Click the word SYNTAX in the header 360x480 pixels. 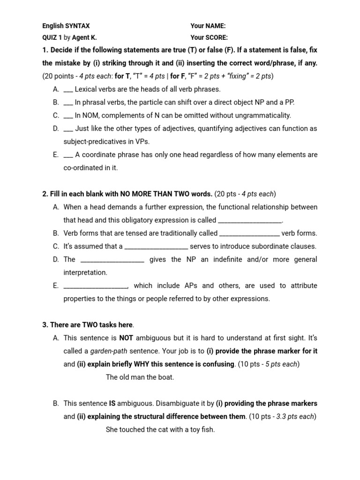[77, 26]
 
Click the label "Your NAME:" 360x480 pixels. [208, 26]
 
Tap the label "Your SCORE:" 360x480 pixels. [209, 38]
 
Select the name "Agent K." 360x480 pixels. [84, 38]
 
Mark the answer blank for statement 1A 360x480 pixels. [68, 90]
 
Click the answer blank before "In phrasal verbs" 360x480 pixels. [68, 103]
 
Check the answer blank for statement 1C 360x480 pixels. [68, 116]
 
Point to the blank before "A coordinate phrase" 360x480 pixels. [68, 155]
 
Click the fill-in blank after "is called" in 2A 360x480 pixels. [250, 221]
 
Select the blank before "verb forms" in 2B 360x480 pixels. [249, 234]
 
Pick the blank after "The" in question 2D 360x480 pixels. [112, 260]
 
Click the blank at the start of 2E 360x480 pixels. [95, 286]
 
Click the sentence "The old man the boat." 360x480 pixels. [140, 377]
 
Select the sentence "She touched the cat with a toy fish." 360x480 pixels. [160, 429]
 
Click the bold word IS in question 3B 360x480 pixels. [112, 403]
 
